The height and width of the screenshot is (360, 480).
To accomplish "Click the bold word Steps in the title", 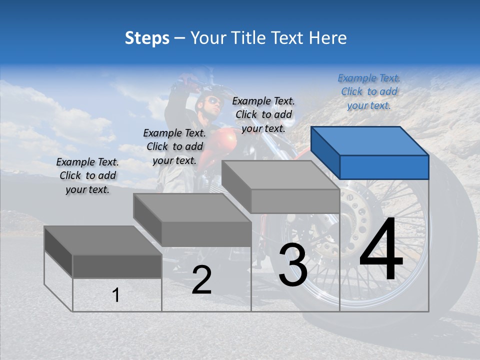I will tap(147, 38).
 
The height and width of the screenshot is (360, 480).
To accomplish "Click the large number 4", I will tap(381, 250).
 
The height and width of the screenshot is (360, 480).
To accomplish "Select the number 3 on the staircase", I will tap(292, 265).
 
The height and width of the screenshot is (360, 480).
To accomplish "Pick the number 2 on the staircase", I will tap(201, 280).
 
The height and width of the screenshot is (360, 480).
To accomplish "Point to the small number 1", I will tap(116, 295).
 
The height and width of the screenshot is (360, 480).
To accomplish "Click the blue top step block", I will tap(370, 152).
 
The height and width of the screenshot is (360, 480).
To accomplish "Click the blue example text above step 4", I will tap(369, 91).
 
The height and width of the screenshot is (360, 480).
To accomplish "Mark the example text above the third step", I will tap(263, 114).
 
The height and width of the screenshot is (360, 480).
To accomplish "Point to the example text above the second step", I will tap(174, 146).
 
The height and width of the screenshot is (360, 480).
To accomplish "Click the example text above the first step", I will tap(87, 175).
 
